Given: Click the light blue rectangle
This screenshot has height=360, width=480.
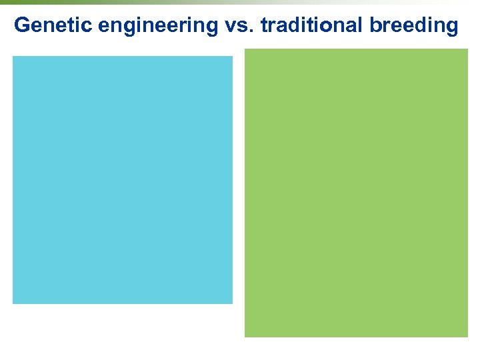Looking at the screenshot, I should coord(123,180).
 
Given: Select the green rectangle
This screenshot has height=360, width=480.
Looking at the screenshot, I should coord(356,193).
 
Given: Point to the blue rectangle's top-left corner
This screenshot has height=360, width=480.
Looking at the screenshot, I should coord(13,57).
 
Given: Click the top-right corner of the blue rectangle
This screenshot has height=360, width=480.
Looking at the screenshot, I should coord(232,57).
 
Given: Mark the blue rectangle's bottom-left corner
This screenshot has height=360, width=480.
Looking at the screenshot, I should coord(13,303).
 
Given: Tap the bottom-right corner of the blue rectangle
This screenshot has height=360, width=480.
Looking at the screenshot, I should coord(232,303).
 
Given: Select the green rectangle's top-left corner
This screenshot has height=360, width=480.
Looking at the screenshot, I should coord(245,49).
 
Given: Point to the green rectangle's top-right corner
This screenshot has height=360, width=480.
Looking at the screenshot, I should coord(467,49).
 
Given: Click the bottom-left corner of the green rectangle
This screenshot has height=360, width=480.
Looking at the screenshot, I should coord(245,337).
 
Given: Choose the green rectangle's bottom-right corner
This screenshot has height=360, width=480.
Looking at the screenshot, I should coord(467,337).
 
